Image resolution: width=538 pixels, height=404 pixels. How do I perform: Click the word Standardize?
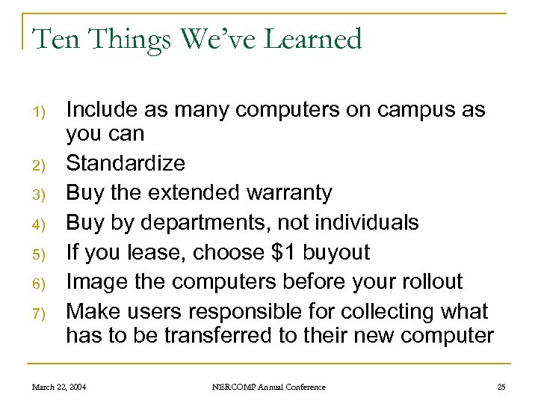[x=126, y=163]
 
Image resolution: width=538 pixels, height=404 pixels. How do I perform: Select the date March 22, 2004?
[x=58, y=387]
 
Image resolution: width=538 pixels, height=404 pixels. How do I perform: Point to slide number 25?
[x=501, y=387]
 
